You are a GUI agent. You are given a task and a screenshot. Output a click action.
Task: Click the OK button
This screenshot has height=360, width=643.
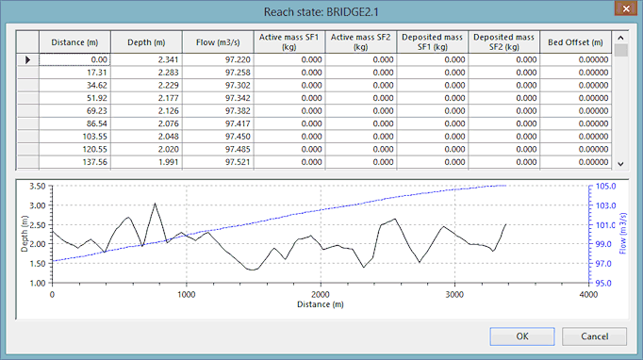tap(522, 336)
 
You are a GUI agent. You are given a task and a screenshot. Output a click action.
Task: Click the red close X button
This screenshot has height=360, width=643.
tap(626, 8)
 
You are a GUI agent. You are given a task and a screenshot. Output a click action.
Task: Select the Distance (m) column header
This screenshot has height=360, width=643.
tap(74, 42)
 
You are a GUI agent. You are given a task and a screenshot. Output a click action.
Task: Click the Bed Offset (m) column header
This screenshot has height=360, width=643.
tap(575, 42)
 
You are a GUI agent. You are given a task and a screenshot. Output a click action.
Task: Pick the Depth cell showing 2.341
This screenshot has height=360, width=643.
tap(146, 59)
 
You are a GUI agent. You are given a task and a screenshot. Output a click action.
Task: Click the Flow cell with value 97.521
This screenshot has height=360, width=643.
tap(218, 162)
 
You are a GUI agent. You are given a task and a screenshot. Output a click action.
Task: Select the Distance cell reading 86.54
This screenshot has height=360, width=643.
tap(74, 123)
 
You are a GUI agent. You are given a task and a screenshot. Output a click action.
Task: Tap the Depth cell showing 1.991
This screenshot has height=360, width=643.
tap(146, 162)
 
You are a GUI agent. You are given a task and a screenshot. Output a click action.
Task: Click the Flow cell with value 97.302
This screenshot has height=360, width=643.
tap(218, 85)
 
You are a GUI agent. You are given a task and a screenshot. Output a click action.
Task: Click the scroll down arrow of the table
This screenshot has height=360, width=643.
tap(621, 164)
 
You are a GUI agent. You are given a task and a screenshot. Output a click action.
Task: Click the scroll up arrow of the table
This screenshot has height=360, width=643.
tap(621, 38)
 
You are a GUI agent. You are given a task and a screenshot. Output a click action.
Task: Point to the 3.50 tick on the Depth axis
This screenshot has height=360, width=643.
tap(38, 187)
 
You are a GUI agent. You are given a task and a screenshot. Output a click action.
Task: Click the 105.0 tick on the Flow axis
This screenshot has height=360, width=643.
tap(605, 187)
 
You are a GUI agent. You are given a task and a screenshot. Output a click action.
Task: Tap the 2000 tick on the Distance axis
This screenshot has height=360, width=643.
tap(321, 294)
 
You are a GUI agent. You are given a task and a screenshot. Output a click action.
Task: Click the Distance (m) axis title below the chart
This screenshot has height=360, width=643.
tap(321, 304)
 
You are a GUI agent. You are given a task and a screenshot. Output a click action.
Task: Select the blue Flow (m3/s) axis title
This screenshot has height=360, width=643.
tap(622, 234)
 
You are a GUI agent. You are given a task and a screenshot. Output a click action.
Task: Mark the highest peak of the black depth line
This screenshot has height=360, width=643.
tap(155, 203)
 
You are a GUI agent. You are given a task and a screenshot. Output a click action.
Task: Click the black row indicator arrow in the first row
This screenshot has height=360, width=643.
tap(28, 60)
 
